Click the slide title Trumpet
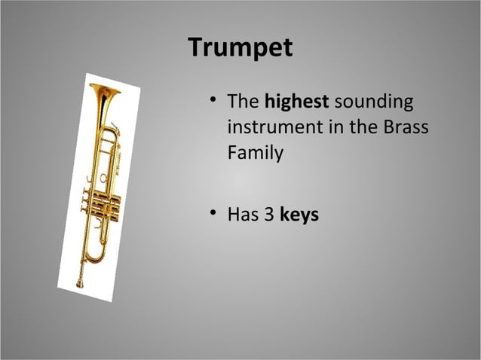(240, 47)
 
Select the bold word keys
(299, 215)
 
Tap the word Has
(244, 215)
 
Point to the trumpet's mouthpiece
(79, 283)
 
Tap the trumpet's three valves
(101, 202)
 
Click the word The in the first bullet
(243, 101)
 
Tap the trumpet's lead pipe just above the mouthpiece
(81, 260)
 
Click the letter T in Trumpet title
(196, 47)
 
